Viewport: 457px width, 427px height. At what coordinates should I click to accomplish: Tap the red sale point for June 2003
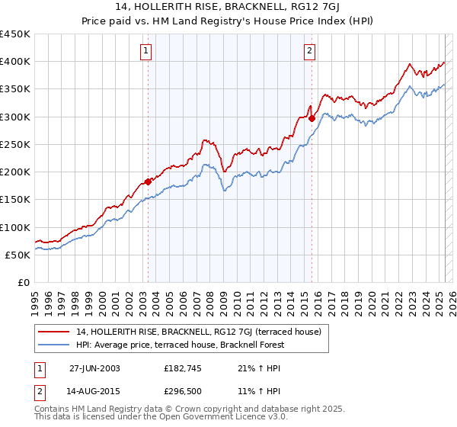[x=148, y=181]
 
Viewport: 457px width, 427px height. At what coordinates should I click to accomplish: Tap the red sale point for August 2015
[x=312, y=117]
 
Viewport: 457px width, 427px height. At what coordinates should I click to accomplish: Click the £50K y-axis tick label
[x=18, y=255]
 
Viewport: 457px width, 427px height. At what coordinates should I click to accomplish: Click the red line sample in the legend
[x=54, y=332]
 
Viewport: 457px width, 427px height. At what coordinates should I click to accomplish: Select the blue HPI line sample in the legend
[x=54, y=345]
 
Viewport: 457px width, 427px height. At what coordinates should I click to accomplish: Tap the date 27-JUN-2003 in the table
[x=94, y=368]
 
